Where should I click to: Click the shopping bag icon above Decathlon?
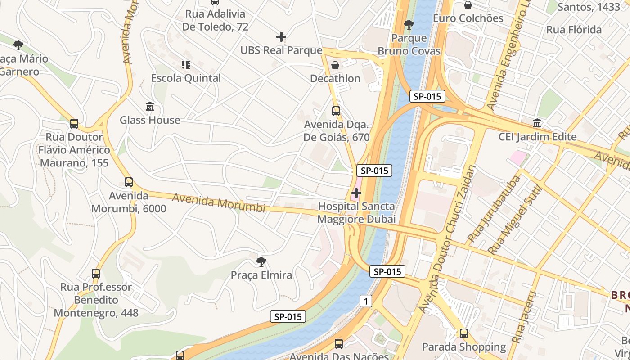(x=335, y=65)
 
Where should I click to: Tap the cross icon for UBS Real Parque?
(x=281, y=37)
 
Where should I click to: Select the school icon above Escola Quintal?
(x=186, y=65)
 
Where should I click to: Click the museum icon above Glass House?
(x=150, y=107)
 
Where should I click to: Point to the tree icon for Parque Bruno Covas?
(x=409, y=25)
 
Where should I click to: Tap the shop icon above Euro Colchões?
(x=468, y=5)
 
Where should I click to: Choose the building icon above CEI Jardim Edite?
(x=537, y=123)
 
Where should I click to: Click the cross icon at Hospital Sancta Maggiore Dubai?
(x=356, y=193)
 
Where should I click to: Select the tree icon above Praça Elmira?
(x=261, y=261)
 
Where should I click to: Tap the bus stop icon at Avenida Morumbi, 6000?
(x=129, y=182)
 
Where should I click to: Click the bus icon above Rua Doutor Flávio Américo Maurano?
(x=74, y=123)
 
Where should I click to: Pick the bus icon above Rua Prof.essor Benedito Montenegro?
(x=96, y=273)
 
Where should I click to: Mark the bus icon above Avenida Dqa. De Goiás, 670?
(x=336, y=111)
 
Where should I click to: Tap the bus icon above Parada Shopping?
(x=464, y=333)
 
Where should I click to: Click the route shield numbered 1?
(x=366, y=301)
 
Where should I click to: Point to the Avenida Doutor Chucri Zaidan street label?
(x=447, y=239)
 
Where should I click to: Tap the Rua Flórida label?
(x=574, y=30)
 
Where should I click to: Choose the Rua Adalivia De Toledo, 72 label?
(x=215, y=20)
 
